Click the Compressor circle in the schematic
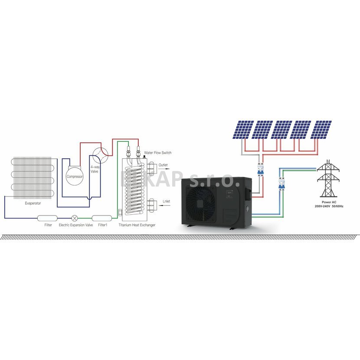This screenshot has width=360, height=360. tap(74, 177)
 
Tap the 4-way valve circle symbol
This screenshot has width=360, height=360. tap(100, 153)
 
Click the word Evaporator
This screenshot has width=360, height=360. tap(33, 203)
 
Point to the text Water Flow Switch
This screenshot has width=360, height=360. tap(158, 153)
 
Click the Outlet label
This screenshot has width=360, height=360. tap(163, 165)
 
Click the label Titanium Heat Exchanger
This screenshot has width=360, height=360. tap(137, 225)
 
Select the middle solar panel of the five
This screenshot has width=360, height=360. tap(282, 130)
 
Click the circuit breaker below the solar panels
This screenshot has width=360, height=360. tap(260, 169)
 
